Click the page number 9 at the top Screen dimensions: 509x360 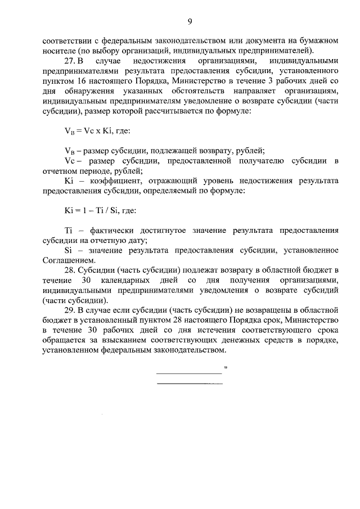pos(190,21)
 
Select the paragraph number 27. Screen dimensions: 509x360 pos(69,60)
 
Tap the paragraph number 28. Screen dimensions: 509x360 pos(69,271)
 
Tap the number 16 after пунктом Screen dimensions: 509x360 pos(80,80)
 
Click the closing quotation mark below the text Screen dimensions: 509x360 pos(225,369)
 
